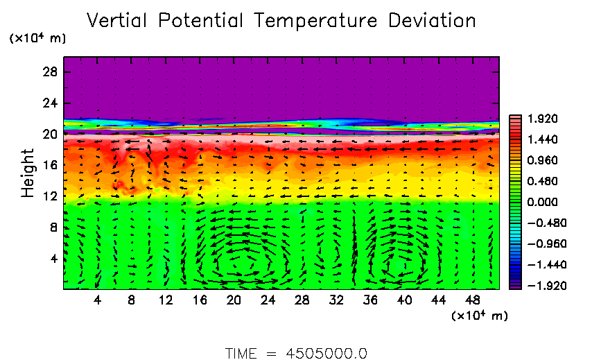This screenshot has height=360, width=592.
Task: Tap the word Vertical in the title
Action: (119, 21)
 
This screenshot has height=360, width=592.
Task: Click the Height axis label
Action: (28, 172)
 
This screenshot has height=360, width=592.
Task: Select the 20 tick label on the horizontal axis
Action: (234, 300)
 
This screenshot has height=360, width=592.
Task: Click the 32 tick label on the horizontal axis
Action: (336, 300)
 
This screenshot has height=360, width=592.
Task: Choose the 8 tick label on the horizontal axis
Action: (132, 300)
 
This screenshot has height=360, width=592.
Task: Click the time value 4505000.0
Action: (326, 352)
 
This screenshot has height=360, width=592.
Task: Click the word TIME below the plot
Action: (242, 352)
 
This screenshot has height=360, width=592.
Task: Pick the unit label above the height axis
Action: (37, 39)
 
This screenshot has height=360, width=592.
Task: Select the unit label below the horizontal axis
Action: (480, 316)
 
